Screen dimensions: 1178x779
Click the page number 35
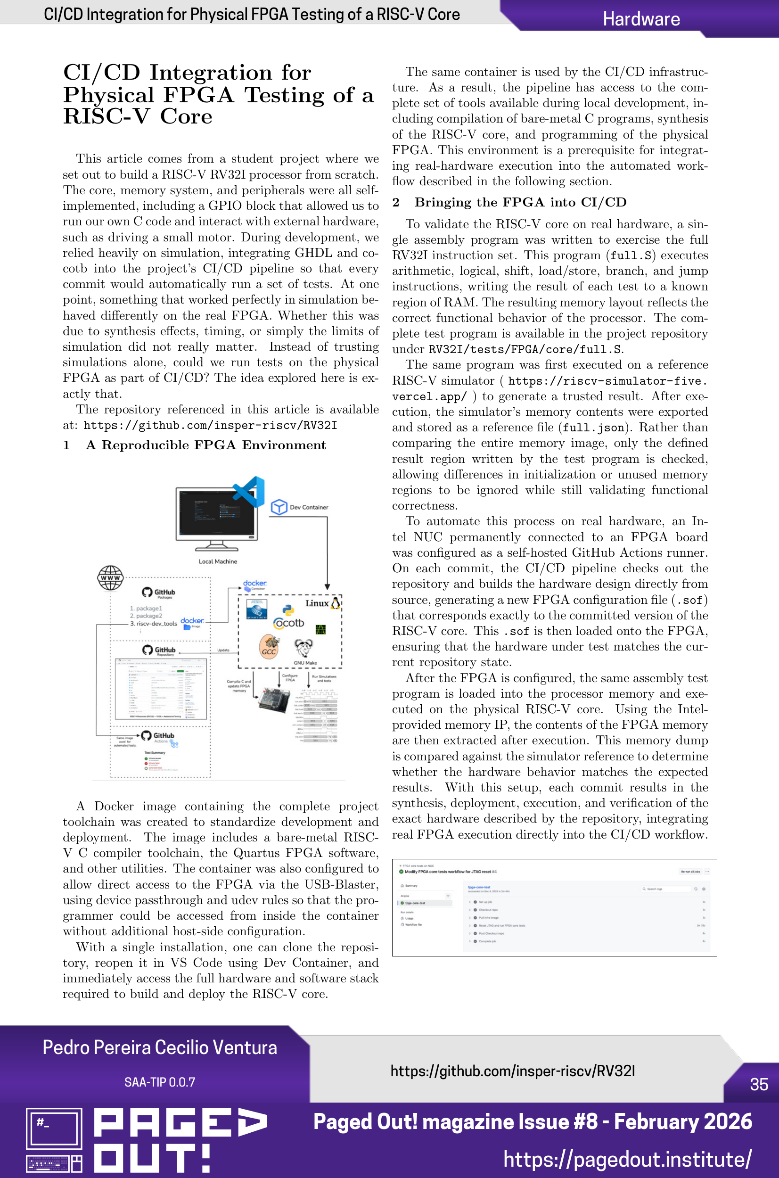coord(759,1084)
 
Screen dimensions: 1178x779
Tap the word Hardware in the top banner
coord(641,19)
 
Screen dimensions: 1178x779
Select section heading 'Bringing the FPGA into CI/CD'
coord(520,202)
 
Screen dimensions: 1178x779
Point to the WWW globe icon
coord(110,578)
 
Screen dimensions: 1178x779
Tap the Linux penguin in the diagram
coord(336,603)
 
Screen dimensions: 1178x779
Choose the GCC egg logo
coord(269,647)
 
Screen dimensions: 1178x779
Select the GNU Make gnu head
coord(304,648)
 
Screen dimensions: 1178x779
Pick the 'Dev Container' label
coord(309,507)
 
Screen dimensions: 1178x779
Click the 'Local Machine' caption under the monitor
coord(218,561)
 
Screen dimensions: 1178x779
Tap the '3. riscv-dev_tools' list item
coord(154,624)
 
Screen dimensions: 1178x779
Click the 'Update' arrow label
coord(223,650)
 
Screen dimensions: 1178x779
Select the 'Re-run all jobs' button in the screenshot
coord(690,872)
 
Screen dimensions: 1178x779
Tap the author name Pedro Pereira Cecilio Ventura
coord(159,1047)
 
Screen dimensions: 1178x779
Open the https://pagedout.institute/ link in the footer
coord(627,1159)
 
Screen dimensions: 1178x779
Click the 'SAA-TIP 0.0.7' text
coord(159,1082)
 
